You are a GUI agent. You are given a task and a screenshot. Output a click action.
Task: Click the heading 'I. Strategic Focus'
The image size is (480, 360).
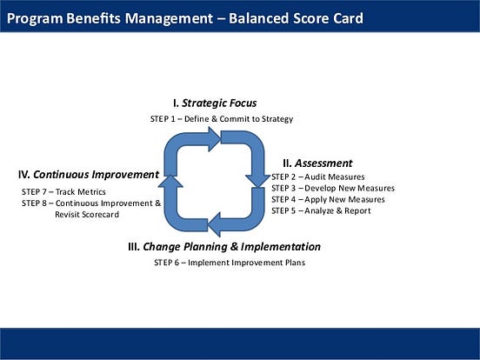click(x=214, y=103)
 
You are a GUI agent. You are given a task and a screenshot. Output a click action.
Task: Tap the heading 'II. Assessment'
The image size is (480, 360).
click(x=317, y=163)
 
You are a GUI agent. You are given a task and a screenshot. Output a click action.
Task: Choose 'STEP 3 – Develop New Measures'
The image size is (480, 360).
click(x=332, y=189)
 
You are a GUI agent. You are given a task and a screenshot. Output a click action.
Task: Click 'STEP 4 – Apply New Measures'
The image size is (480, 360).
click(x=328, y=200)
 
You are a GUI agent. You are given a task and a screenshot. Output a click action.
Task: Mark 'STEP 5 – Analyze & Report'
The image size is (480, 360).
click(x=321, y=211)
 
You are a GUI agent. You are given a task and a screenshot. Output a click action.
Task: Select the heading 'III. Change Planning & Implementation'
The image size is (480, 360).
click(x=223, y=247)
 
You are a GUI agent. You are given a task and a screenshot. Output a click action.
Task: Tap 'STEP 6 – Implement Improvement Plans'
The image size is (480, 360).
click(x=230, y=263)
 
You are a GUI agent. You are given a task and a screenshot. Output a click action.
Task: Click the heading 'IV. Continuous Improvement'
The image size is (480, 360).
click(x=89, y=174)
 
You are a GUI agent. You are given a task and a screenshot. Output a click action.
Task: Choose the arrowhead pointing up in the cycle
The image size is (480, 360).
click(x=171, y=181)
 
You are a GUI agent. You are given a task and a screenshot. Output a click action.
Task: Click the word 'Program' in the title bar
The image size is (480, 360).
click(x=35, y=17)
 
